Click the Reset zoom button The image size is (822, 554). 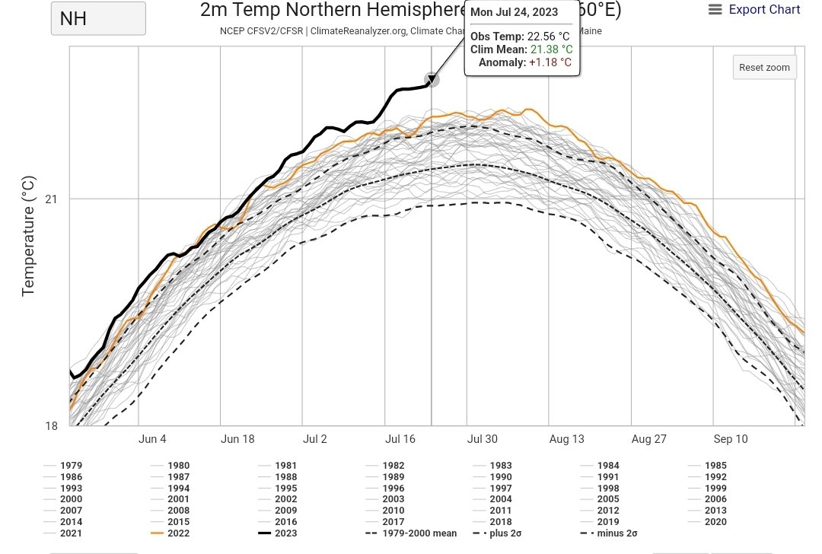coord(764,67)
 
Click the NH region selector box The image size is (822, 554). coord(98,18)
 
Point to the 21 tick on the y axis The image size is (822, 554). coord(51,199)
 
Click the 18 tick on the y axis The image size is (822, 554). coord(51,425)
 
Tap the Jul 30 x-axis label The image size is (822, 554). coord(483,439)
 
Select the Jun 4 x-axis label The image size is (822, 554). coord(152,439)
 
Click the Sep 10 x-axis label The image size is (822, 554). coord(731,439)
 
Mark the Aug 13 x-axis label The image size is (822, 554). coord(566,439)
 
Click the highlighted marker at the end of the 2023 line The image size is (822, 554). coord(432,79)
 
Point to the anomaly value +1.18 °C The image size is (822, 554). coord(550,62)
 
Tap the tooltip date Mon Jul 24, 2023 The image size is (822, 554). coord(514,12)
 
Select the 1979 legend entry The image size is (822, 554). coord(71,465)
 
